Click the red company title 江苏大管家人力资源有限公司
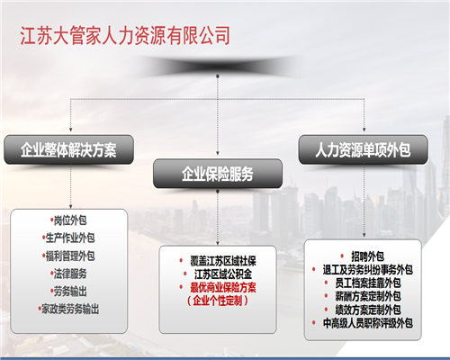click(125, 36)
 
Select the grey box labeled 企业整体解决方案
click(68, 149)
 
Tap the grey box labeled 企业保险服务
click(218, 174)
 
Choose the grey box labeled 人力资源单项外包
click(363, 149)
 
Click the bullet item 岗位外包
click(70, 220)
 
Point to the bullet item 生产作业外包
click(70, 238)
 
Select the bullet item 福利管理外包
click(70, 256)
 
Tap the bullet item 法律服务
click(70, 274)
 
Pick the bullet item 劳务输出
click(70, 292)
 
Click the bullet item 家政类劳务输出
click(70, 309)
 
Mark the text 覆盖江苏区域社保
click(223, 261)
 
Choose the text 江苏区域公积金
click(223, 274)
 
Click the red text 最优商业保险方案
click(223, 287)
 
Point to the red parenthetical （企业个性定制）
click(218, 301)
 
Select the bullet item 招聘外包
click(367, 256)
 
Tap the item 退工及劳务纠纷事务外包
click(367, 270)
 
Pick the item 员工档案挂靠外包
click(367, 283)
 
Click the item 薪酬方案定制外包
click(367, 296)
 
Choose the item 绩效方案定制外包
click(367, 310)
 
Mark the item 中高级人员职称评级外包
click(367, 323)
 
